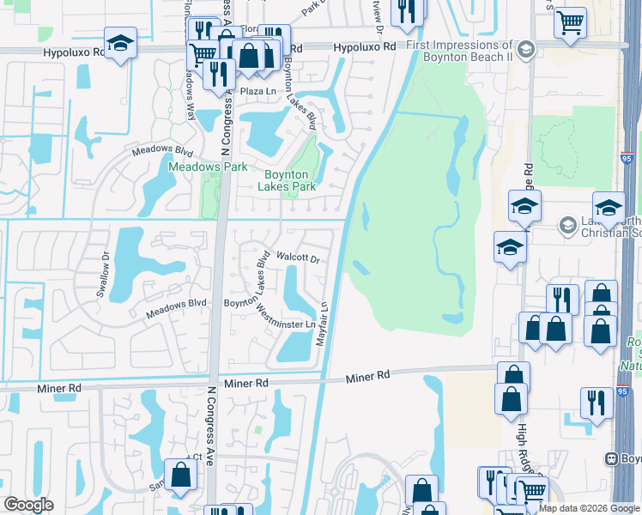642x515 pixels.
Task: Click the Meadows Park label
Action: [x=208, y=167]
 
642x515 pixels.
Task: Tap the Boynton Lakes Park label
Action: [x=289, y=180]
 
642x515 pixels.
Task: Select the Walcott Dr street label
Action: [x=298, y=257]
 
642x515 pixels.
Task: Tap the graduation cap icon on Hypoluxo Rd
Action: [x=121, y=42]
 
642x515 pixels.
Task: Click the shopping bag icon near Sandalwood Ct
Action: [x=180, y=475]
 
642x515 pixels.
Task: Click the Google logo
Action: [x=28, y=505]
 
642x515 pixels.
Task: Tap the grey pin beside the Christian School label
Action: [x=566, y=226]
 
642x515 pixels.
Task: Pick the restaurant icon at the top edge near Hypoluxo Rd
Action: [x=406, y=10]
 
